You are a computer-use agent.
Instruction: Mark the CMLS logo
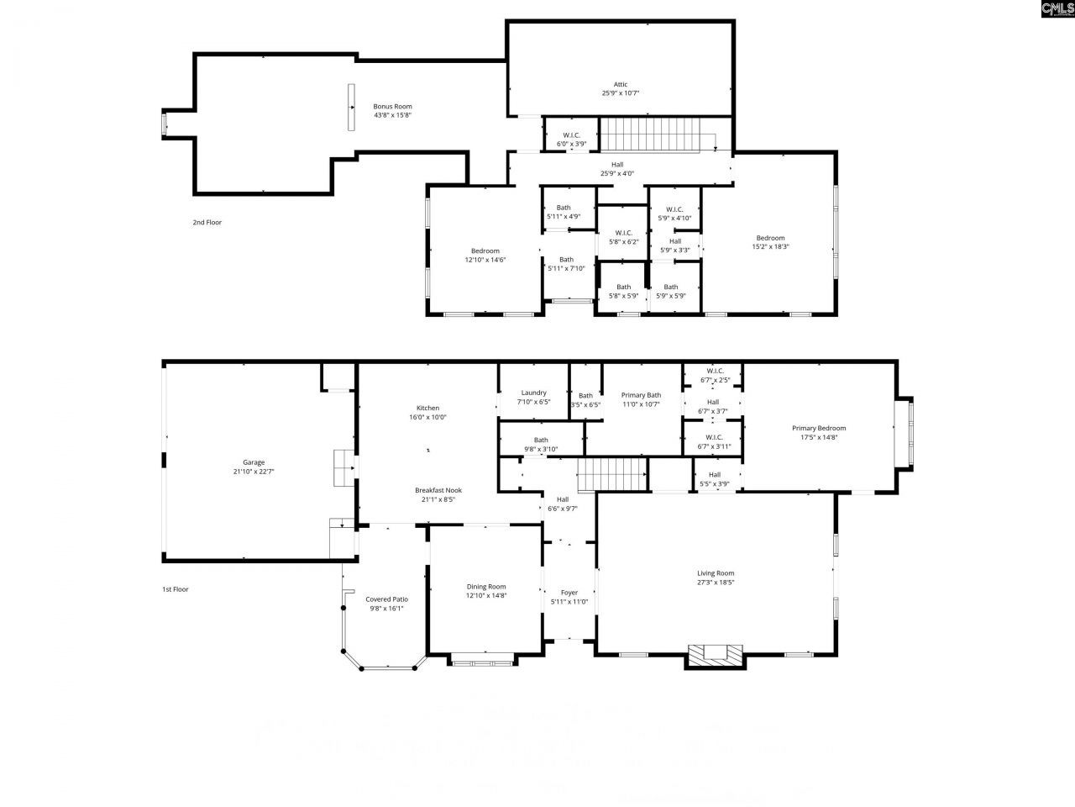[x=1057, y=9]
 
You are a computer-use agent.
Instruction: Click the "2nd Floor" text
[x=207, y=223]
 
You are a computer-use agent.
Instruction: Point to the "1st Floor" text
[x=175, y=589]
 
